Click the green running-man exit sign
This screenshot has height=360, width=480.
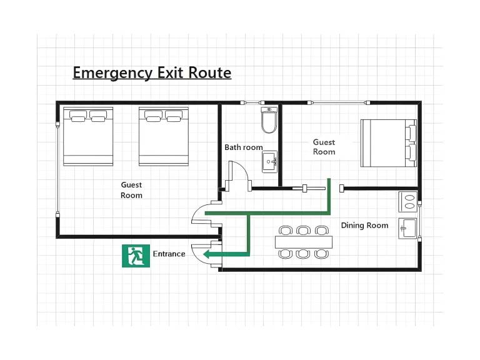(x=136, y=256)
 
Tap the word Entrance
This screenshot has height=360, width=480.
(x=169, y=254)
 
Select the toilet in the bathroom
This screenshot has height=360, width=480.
(x=269, y=120)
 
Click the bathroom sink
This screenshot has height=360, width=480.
(x=270, y=162)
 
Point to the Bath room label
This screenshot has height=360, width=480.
(x=244, y=147)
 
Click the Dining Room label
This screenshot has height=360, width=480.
(x=364, y=225)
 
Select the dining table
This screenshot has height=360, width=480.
(x=304, y=242)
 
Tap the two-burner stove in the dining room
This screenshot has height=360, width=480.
(x=407, y=202)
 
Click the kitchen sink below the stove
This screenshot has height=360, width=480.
(x=407, y=228)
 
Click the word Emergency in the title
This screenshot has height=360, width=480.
(x=112, y=73)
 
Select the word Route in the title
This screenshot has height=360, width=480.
(x=210, y=72)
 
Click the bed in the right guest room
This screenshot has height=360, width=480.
(x=389, y=143)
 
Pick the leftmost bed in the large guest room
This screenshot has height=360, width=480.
(x=88, y=136)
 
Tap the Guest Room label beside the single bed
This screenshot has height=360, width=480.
(x=324, y=147)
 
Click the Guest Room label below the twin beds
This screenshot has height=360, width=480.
(x=131, y=190)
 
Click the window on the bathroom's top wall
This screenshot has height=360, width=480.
(x=252, y=102)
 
